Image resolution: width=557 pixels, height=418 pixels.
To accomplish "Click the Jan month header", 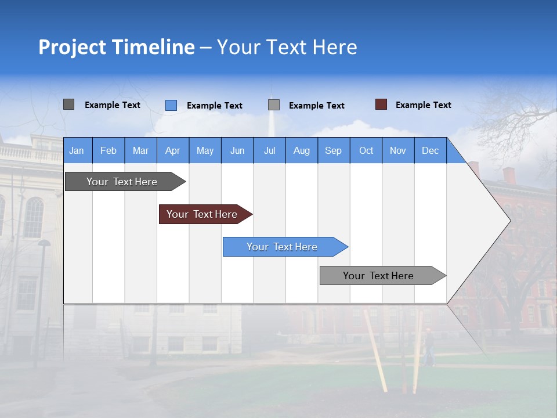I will (x=77, y=150).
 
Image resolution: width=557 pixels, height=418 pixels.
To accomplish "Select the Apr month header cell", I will (x=173, y=150).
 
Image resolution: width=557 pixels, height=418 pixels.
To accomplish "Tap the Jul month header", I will (x=269, y=150).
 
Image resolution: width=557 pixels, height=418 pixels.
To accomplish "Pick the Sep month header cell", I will (x=334, y=150).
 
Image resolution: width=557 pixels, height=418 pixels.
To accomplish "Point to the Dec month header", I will (x=430, y=150).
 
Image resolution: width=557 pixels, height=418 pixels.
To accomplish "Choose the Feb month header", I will (x=108, y=150).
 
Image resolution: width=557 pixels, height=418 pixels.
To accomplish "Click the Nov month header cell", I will (x=398, y=150).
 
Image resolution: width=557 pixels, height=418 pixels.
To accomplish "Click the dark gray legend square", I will (x=69, y=105).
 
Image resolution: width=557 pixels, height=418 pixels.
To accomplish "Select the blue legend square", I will (x=171, y=105).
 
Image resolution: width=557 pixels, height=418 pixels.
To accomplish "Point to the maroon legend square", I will (x=381, y=105).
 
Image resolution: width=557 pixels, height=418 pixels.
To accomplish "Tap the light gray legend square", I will (x=274, y=105).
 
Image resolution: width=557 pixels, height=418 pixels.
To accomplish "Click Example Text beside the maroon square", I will (x=423, y=105).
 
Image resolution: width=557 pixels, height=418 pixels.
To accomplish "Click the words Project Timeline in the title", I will (x=117, y=47).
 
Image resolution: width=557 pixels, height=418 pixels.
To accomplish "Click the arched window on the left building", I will (x=34, y=217).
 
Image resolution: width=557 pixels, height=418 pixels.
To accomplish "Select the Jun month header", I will (x=237, y=150).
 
